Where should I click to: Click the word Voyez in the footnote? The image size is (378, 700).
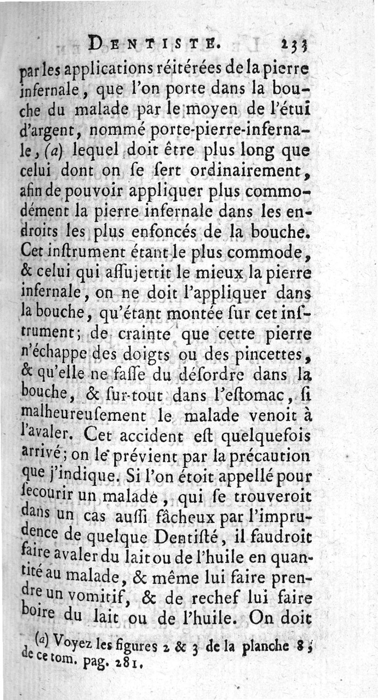73,641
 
